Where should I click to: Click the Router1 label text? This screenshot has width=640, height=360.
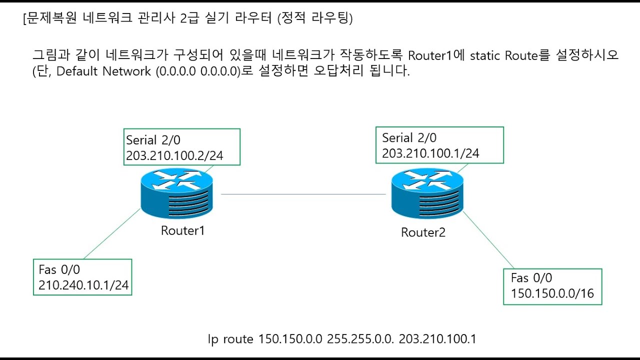pyautogui.click(x=182, y=230)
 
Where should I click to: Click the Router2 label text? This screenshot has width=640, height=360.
pyautogui.click(x=423, y=232)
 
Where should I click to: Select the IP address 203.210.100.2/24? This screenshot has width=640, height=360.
pyautogui.click(x=174, y=156)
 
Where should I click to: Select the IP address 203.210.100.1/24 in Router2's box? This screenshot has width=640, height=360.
pyautogui.click(x=430, y=153)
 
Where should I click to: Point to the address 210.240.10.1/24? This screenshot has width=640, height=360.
pyautogui.click(x=83, y=285)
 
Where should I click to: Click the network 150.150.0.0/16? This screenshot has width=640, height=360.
pyautogui.click(x=552, y=293)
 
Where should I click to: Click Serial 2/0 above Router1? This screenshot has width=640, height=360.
pyautogui.click(x=153, y=140)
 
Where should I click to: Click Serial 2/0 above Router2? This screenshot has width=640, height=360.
pyautogui.click(x=409, y=138)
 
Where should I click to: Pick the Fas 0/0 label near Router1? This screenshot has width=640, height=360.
pyautogui.click(x=59, y=269)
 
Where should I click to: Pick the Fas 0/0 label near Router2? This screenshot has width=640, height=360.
pyautogui.click(x=531, y=278)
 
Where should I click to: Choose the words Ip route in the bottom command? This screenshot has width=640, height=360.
pyautogui.click(x=230, y=339)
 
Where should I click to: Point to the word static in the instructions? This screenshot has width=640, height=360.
pyautogui.click(x=484, y=55)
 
